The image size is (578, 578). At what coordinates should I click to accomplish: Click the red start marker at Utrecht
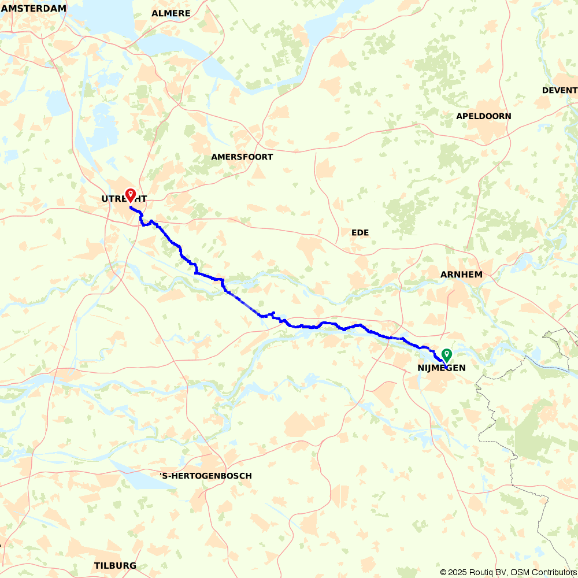coord(131,195)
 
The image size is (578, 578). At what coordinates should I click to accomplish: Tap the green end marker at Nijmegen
coord(447,355)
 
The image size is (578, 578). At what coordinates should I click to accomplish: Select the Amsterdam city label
coord(34,9)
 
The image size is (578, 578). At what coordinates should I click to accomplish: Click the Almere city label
coord(171,13)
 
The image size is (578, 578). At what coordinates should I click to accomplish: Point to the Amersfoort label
coord(242,157)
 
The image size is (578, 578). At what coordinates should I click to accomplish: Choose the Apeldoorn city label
coord(483,116)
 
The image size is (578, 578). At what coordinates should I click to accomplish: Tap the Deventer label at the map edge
coord(560,90)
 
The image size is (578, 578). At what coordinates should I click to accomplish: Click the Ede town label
coord(360,232)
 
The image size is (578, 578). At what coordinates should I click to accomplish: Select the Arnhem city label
coord(461,275)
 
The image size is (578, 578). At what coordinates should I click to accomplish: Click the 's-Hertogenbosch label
coord(206,476)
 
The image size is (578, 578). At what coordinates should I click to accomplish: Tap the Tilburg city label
coord(115,565)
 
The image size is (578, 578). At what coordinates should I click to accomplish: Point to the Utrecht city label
coord(124,199)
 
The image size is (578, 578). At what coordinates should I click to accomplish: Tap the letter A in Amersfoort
coord(214,157)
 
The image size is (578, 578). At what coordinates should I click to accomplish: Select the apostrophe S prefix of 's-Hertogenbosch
coord(164,476)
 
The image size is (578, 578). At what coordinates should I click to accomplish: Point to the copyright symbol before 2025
coord(443,572)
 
